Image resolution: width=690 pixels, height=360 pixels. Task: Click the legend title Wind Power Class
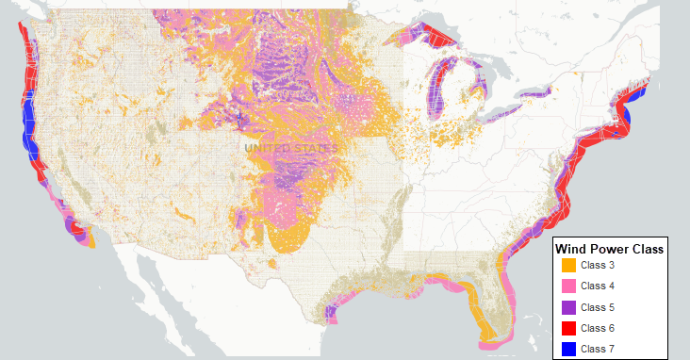pyautogui.click(x=610, y=250)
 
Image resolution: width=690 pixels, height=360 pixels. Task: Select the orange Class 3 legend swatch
pyautogui.click(x=567, y=266)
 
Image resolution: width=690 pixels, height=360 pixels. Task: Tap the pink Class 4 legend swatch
pyautogui.click(x=567, y=286)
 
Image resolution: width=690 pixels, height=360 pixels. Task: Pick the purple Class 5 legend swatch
pyautogui.click(x=567, y=307)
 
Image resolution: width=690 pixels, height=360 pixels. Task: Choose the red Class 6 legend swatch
pyautogui.click(x=567, y=328)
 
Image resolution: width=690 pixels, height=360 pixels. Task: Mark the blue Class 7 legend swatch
pyautogui.click(x=567, y=349)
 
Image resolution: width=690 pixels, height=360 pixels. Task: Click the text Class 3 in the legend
pyautogui.click(x=598, y=266)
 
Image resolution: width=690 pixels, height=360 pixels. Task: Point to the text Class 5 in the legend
pyautogui.click(x=598, y=307)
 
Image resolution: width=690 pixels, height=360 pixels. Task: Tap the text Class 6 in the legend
pyautogui.click(x=598, y=328)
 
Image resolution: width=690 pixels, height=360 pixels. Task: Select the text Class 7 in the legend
pyautogui.click(x=598, y=349)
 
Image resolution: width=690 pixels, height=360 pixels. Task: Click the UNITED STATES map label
pyautogui.click(x=290, y=149)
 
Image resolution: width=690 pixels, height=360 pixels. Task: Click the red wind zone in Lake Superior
pyautogui.click(x=440, y=39)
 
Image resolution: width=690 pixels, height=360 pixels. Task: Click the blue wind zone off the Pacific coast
pyautogui.click(x=27, y=127)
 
